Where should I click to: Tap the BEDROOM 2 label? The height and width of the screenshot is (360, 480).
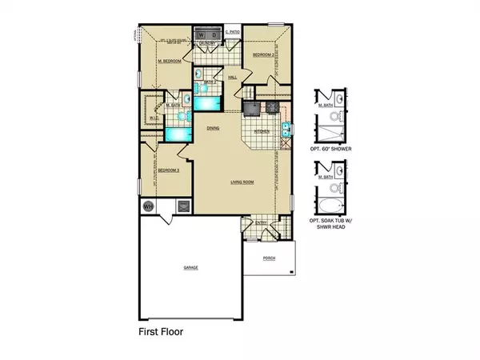tap(264, 54)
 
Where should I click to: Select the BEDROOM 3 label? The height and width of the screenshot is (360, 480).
tap(166, 171)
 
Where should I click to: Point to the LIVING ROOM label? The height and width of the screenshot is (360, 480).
tap(242, 182)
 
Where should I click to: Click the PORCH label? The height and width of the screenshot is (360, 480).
tap(267, 258)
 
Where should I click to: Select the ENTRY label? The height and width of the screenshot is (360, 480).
tap(260, 223)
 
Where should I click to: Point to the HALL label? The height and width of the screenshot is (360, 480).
tap(233, 78)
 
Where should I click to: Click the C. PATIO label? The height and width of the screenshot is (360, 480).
tap(232, 32)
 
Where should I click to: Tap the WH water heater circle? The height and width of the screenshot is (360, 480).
tap(148, 206)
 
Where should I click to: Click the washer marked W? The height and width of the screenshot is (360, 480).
tap(202, 35)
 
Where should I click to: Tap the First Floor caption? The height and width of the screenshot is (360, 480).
tap(163, 329)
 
